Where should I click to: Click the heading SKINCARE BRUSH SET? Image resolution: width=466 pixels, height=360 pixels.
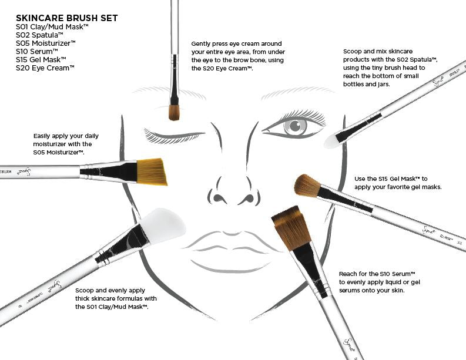click(66, 18)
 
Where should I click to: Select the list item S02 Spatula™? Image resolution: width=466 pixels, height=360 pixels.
click(40, 35)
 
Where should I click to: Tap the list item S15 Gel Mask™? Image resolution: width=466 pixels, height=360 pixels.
click(41, 59)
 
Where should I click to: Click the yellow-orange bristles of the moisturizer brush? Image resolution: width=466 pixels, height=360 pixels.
click(153, 171)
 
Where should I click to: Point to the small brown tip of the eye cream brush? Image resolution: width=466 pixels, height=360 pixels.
click(174, 112)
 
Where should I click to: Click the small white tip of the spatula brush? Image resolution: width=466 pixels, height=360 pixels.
click(333, 140)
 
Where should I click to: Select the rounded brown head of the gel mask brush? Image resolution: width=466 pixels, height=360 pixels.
click(307, 184)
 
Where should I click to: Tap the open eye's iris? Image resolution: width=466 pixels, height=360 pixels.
click(294, 126)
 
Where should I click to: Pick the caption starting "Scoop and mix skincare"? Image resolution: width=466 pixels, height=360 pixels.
click(390, 68)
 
